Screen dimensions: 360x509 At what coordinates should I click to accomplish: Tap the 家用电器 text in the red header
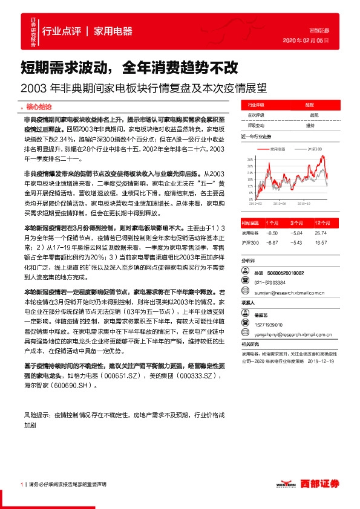pyautogui.click(x=114, y=31)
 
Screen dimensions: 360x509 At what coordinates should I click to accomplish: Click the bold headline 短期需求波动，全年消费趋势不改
pyautogui.click(x=129, y=66)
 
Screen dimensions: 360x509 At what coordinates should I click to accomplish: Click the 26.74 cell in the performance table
pyautogui.click(x=320, y=233)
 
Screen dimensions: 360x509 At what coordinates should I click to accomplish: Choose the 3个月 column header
pyautogui.click(x=296, y=222)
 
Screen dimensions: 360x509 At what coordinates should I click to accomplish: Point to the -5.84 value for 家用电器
pyautogui.click(x=296, y=233)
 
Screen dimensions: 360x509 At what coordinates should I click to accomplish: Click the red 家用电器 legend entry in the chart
pyautogui.click(x=278, y=148)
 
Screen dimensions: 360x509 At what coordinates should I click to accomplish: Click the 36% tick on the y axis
pyautogui.click(x=250, y=158)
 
